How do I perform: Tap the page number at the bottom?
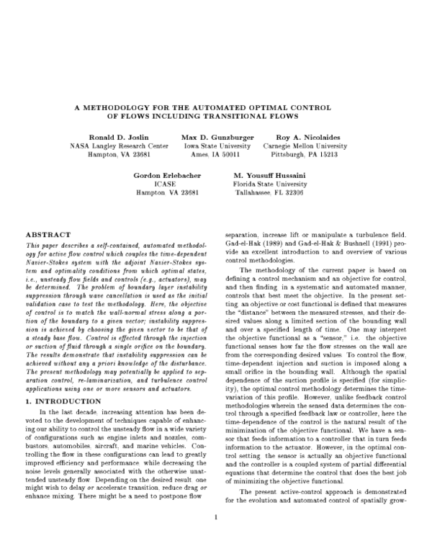215,537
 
